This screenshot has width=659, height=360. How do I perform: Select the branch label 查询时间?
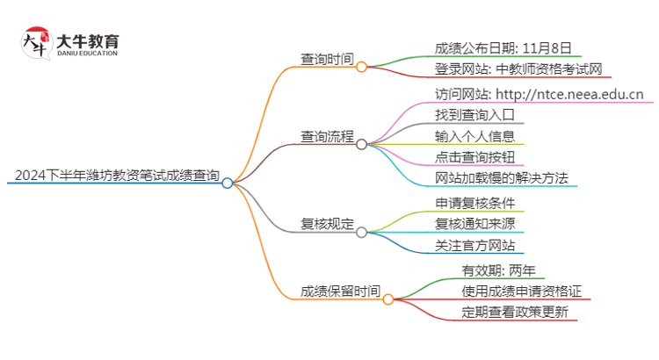coord(328,60)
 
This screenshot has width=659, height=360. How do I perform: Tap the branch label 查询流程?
coord(328,137)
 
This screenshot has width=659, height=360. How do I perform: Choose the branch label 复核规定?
coord(328,225)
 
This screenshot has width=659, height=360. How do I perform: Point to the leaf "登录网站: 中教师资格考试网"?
coord(518,69)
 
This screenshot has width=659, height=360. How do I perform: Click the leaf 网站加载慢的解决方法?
coord(501,177)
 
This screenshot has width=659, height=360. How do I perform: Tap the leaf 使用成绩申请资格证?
coord(522,291)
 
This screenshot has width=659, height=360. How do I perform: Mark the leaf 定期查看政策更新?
coord(515,312)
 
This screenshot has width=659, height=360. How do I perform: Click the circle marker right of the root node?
coord(228,183)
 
